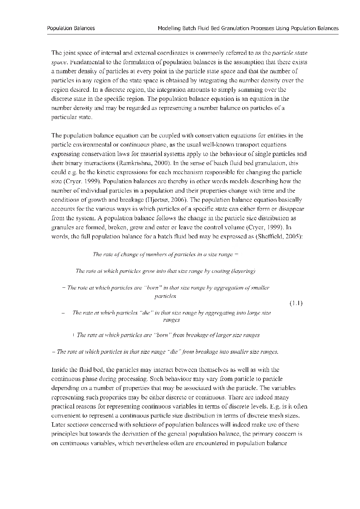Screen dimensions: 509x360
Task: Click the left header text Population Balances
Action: pos(71,28)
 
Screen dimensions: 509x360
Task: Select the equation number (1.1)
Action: pos(296,303)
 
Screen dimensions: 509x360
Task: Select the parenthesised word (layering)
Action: pos(244,271)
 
